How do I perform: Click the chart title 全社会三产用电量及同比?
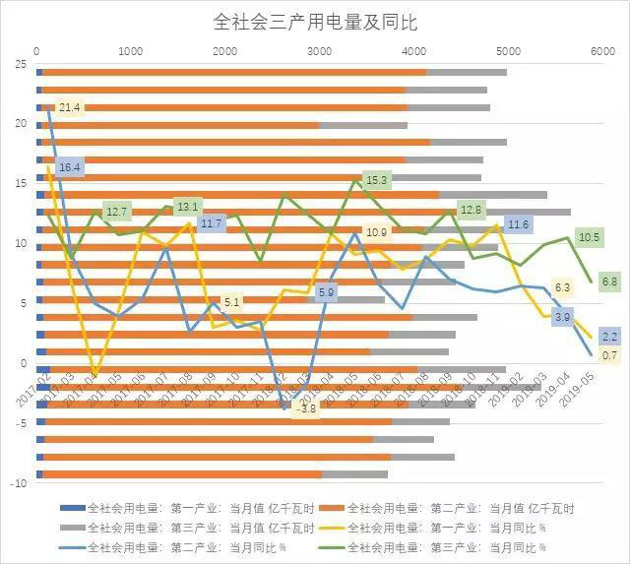(315, 20)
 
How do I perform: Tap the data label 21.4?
(70, 107)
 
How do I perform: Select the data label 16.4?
(70, 167)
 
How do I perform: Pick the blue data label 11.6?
(518, 225)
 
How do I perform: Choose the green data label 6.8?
(609, 282)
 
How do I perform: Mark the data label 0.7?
(609, 355)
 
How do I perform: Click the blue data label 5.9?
(327, 292)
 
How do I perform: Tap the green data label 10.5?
(590, 237)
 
